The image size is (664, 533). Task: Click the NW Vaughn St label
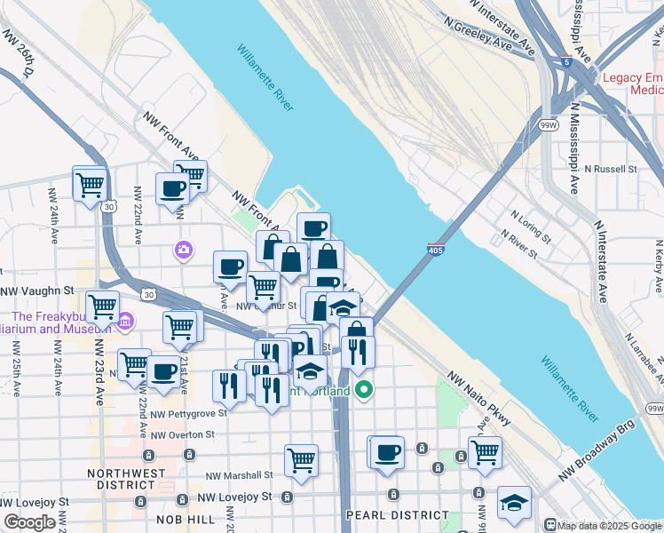click(x=36, y=290)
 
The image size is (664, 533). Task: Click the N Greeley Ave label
click(x=479, y=35)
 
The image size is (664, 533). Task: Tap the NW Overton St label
click(x=183, y=434)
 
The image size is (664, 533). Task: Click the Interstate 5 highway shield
click(x=565, y=62)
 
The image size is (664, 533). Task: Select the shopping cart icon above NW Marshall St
click(x=302, y=459)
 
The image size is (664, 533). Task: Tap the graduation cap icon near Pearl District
click(x=514, y=503)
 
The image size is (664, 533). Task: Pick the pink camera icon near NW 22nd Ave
click(x=184, y=249)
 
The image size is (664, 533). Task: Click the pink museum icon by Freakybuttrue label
click(x=125, y=320)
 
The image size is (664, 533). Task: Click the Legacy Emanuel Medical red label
click(x=633, y=84)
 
